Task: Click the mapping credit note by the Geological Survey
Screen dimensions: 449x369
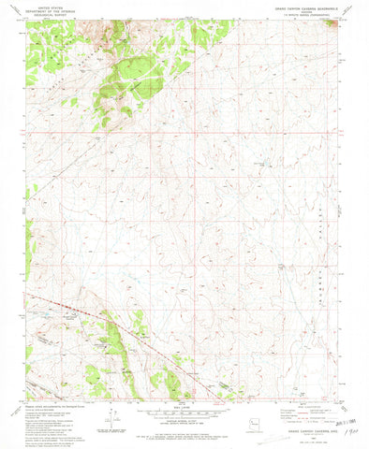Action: tap(47, 403)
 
